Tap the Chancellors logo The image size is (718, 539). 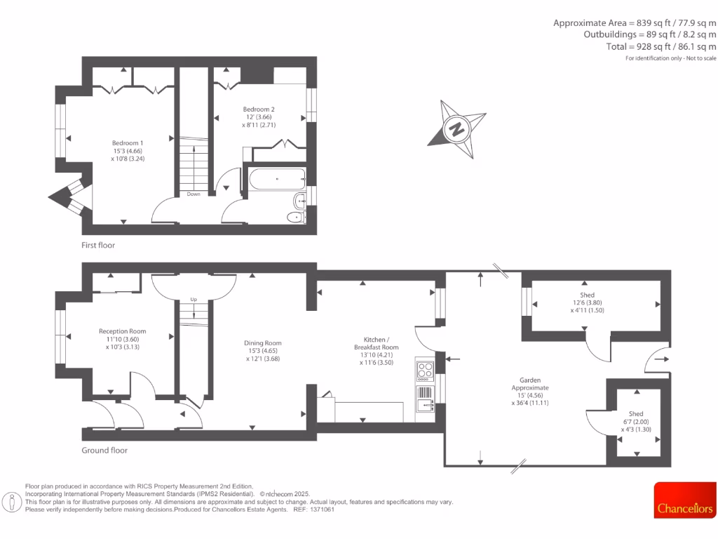click(685, 507)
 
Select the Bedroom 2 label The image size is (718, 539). click(259, 109)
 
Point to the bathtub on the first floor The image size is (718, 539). click(276, 180)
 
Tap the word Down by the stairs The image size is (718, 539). click(194, 194)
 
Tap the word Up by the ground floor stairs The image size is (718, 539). click(194, 300)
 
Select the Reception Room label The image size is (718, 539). click(122, 331)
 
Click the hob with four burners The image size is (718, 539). click(425, 369)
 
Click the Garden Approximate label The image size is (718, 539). click(529, 383)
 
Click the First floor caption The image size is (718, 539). click(98, 246)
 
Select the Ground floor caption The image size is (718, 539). click(104, 451)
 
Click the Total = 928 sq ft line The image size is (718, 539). click(661, 46)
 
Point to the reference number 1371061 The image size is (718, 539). click(323, 510)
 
